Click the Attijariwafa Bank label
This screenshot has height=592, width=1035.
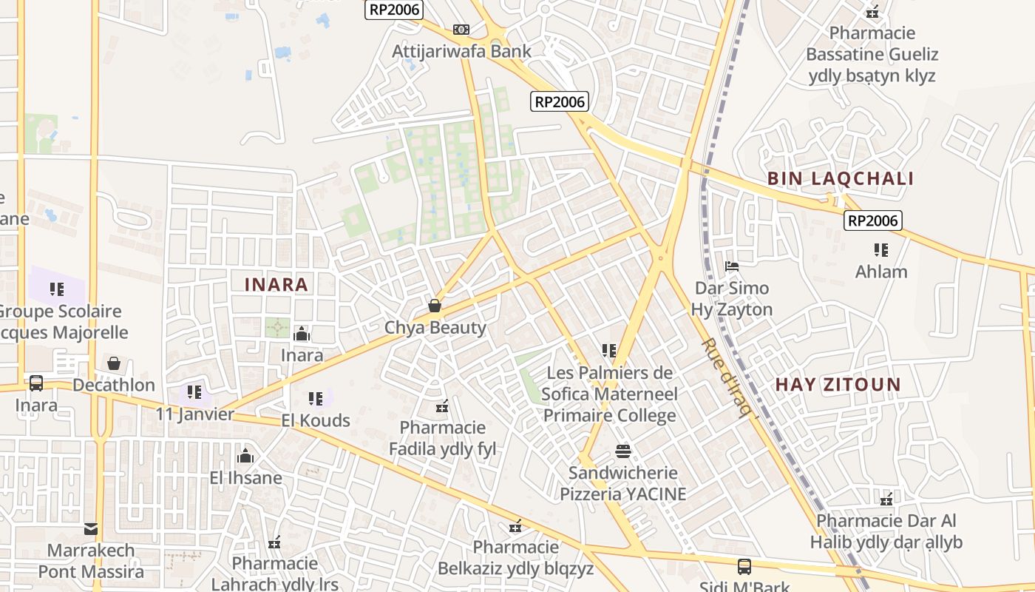coord(461,51)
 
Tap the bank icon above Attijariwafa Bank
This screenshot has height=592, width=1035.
coord(461,30)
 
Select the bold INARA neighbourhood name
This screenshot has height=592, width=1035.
coord(276,284)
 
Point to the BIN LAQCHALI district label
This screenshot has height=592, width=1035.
coord(841,178)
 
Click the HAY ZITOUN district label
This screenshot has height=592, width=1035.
coord(838,384)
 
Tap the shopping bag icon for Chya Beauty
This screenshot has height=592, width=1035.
coord(435,306)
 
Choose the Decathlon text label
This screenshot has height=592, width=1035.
coord(114,385)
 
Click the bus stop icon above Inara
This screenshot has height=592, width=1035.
coord(35,383)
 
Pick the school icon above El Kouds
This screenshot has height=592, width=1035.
coord(316,399)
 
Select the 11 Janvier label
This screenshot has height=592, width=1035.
coord(194,414)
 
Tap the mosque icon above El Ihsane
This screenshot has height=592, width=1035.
coord(245,456)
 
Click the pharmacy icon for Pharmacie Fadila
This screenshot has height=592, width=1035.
coord(442,406)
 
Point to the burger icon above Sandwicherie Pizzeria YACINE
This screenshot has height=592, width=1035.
coord(622,451)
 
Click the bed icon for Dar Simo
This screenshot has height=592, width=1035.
coord(732,266)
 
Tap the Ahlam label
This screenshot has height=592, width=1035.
coord(881,272)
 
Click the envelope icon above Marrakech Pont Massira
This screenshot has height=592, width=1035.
coord(91,529)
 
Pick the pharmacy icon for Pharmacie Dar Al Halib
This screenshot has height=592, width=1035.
coord(886,499)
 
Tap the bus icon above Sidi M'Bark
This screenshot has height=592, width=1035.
coord(744,567)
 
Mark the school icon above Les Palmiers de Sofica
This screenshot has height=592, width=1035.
coord(608,350)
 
